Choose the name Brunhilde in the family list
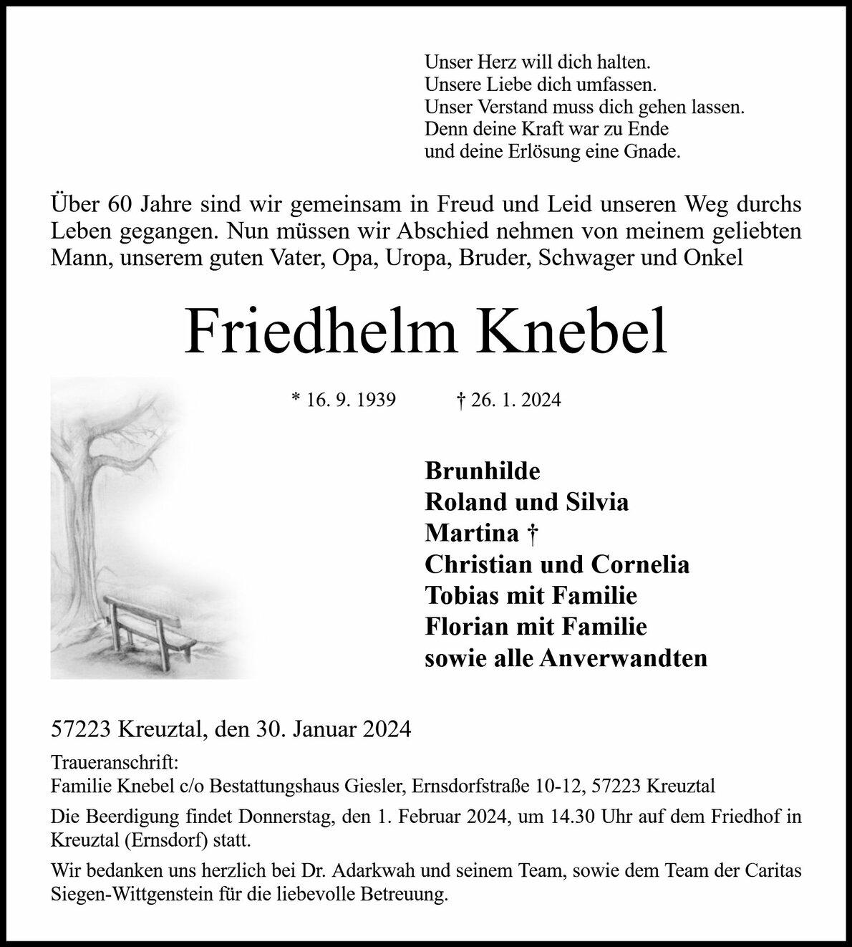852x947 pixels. pos(483,471)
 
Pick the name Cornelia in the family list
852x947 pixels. pos(639,564)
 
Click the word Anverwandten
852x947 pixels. pos(623,658)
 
